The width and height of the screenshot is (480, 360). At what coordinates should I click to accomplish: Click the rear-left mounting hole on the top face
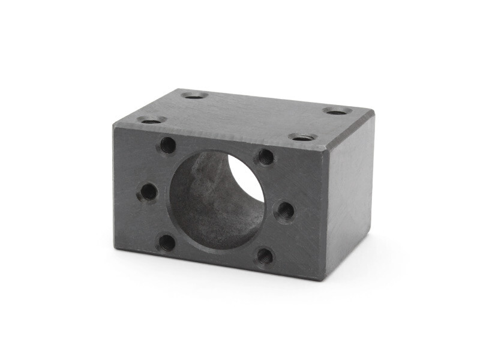194,95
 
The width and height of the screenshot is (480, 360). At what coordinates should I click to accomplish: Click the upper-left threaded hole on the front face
169,145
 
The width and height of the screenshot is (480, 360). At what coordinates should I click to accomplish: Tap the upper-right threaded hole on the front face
266,157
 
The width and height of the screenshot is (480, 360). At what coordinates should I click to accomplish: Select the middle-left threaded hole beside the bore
148,192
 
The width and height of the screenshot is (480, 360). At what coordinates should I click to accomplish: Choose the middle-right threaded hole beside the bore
285,211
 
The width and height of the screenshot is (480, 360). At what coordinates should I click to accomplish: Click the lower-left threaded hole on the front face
167,242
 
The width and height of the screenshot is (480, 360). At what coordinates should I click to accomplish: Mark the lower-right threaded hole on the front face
265,257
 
